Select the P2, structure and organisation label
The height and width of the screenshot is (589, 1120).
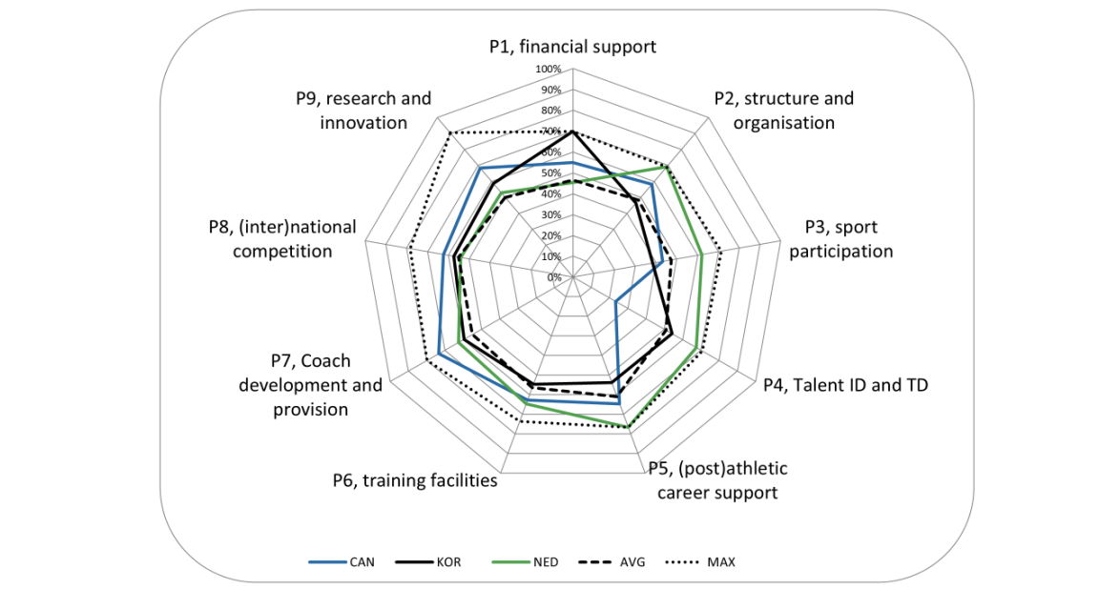pyautogui.click(x=784, y=111)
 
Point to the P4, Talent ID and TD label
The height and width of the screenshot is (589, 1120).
pyautogui.click(x=845, y=385)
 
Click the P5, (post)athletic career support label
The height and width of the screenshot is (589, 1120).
pyautogui.click(x=717, y=480)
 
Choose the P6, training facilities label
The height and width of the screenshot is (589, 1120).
pyautogui.click(x=415, y=480)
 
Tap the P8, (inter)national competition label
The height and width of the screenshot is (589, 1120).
pyautogui.click(x=282, y=239)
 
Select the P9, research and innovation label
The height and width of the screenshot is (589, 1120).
pyautogui.click(x=363, y=111)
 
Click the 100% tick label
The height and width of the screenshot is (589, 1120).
pyautogui.click(x=548, y=70)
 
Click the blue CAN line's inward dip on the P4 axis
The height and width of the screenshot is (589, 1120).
pyautogui.click(x=616, y=302)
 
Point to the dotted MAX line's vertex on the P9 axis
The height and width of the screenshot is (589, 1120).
pyautogui.click(x=448, y=132)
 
